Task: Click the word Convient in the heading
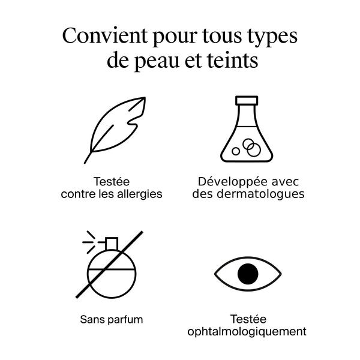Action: [104, 35]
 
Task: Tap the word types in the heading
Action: [272, 38]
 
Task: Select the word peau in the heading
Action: [157, 62]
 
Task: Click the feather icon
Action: [115, 130]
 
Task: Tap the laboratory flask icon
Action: [247, 129]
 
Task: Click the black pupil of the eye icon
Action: [248, 274]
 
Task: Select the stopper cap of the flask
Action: [247, 101]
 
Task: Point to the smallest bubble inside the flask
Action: [236, 151]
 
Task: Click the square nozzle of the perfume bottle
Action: [112, 244]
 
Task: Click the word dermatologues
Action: [260, 194]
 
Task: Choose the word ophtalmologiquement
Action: [247, 332]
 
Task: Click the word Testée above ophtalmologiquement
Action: [248, 319]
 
